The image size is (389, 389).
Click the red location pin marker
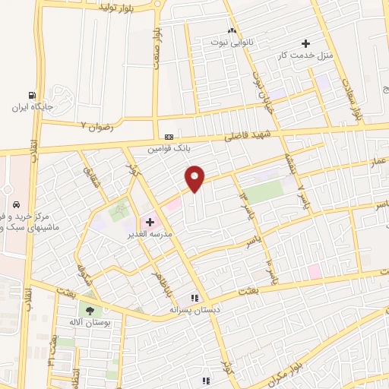point(195,178)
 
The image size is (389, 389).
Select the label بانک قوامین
point(169,148)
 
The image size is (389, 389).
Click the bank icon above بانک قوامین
point(169,137)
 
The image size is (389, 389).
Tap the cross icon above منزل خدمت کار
point(306,43)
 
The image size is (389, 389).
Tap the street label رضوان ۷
point(96,125)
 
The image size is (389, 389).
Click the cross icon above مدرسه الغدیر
point(150,223)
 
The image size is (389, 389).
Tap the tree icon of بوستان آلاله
point(90,311)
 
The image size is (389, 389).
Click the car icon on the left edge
point(16,204)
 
